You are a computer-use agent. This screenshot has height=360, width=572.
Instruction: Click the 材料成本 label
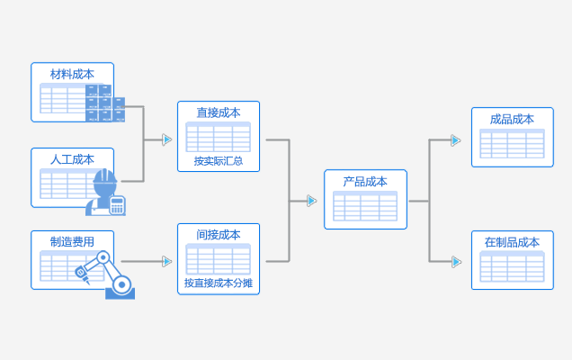(x=72, y=74)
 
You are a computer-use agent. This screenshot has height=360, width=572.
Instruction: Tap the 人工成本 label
(x=72, y=159)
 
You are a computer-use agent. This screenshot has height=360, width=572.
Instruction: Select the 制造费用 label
(x=72, y=241)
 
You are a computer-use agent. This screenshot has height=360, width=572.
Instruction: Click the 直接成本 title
(x=219, y=112)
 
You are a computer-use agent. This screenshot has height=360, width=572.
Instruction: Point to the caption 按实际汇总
(x=219, y=162)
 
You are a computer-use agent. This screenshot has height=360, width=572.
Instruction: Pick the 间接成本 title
(x=219, y=235)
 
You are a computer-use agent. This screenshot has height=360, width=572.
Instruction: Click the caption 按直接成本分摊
(x=219, y=283)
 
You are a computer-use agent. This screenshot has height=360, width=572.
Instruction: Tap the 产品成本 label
(x=365, y=181)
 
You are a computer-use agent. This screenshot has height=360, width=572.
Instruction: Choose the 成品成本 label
(x=512, y=119)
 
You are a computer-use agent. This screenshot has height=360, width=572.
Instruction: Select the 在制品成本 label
(x=512, y=242)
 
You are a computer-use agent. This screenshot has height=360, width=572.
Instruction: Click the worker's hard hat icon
(x=105, y=177)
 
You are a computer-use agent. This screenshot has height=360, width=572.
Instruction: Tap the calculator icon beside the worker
(x=117, y=204)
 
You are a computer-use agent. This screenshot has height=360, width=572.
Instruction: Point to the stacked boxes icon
(x=105, y=103)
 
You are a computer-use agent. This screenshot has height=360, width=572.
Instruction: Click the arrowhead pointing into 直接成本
(x=166, y=139)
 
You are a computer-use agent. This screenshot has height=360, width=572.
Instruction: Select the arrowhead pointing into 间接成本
(x=166, y=261)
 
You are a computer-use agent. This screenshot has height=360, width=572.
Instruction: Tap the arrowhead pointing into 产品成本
(x=311, y=201)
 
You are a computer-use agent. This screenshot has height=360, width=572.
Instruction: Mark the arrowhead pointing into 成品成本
(x=456, y=139)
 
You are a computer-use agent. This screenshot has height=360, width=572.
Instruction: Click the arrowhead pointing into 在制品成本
(x=456, y=262)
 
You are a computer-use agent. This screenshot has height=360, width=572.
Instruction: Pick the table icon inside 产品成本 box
(x=365, y=206)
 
